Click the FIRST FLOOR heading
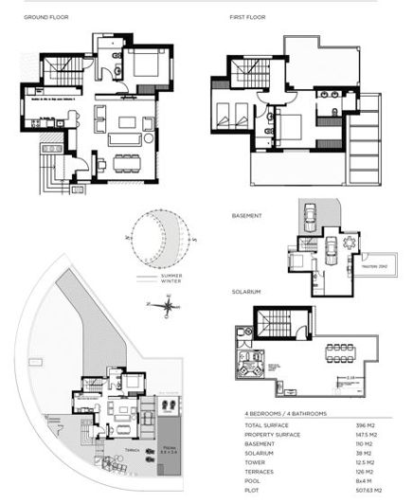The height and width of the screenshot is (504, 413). click(x=247, y=18)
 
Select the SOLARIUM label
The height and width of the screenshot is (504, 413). click(x=246, y=292)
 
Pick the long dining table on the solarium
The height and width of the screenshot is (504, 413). click(x=342, y=352)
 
